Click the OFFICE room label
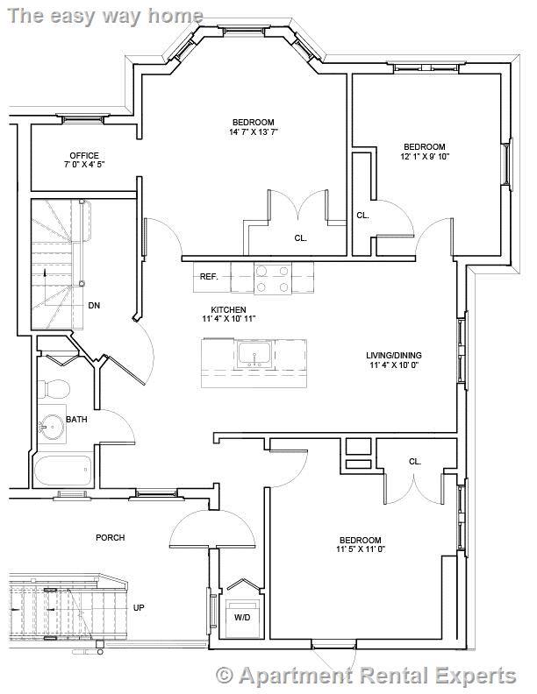(x=84, y=155)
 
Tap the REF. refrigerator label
(x=209, y=276)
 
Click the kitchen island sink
(x=255, y=356)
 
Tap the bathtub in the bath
(x=61, y=471)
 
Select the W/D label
(x=240, y=617)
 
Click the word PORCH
(x=111, y=537)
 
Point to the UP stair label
(x=139, y=607)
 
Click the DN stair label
(x=94, y=306)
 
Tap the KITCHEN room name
(x=228, y=309)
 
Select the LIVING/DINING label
(x=392, y=355)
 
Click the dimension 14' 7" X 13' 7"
(x=254, y=132)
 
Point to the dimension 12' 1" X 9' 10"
(x=425, y=157)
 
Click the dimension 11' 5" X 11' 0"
(x=360, y=549)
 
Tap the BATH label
(x=77, y=420)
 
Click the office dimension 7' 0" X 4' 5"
(x=84, y=165)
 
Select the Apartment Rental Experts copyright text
(x=366, y=675)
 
